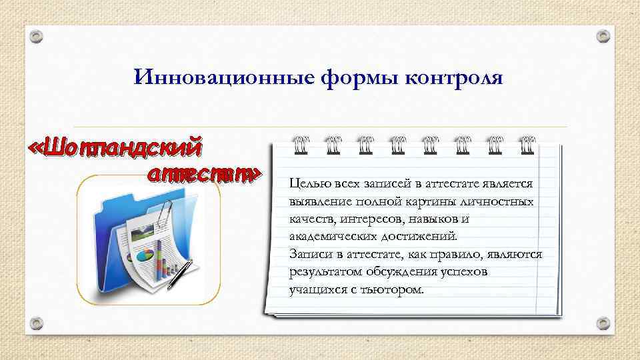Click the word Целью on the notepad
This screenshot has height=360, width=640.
point(306,183)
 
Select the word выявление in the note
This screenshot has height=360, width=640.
point(320,201)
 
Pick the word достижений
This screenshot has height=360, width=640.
point(420,237)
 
